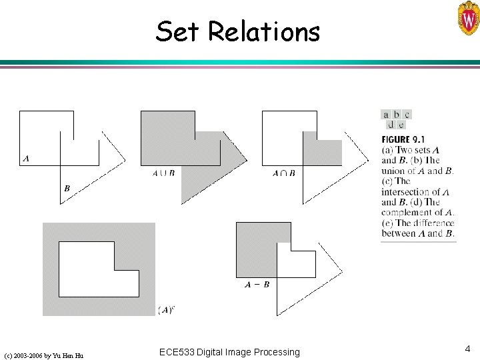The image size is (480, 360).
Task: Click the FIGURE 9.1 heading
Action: (x=403, y=139)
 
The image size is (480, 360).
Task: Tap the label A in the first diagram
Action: (x=25, y=159)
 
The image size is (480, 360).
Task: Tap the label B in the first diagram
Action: (x=67, y=189)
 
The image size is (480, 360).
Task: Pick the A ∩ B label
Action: (x=283, y=173)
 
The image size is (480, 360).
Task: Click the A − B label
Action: (x=257, y=285)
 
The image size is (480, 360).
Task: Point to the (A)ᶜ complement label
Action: (x=167, y=309)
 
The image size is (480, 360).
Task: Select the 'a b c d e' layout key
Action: (x=397, y=119)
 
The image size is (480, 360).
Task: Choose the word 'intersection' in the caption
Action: (x=406, y=192)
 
